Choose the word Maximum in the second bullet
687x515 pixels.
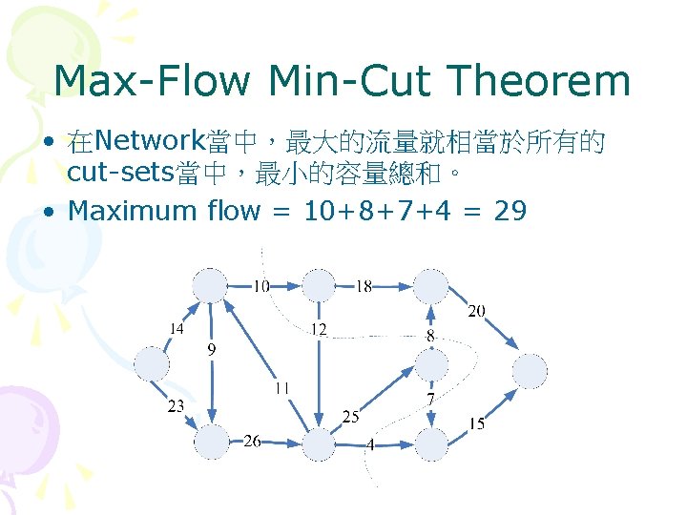132,210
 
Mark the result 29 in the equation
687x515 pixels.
510,210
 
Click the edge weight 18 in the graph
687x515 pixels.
364,285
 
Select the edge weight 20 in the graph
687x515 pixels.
476,311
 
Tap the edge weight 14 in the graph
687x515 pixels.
176,328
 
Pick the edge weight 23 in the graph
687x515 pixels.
176,405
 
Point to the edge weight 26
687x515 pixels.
252,440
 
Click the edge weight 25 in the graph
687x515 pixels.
350,417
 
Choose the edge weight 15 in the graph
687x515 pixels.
476,423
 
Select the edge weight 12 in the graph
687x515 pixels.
319,329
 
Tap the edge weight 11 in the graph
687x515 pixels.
281,387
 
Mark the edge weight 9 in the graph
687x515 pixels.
212,350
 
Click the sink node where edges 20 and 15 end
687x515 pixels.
531,371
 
